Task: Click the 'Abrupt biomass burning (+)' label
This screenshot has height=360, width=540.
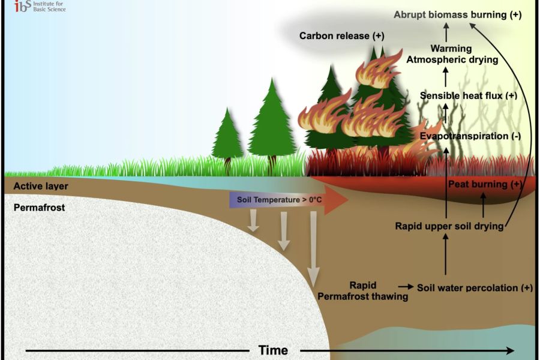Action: [x=457, y=15]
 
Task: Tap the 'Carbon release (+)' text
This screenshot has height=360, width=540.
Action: [x=341, y=36]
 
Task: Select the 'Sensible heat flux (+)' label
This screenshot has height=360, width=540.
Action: [x=468, y=95]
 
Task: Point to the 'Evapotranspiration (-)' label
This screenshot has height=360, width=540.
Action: [x=470, y=136]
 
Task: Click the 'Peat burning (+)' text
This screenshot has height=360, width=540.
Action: [x=486, y=184]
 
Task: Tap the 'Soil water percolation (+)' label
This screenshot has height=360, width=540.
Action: [x=475, y=287]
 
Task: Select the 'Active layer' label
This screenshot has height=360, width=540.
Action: [x=41, y=186]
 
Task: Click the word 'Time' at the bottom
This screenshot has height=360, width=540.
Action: [x=273, y=350]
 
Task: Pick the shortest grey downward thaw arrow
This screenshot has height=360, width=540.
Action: [x=254, y=220]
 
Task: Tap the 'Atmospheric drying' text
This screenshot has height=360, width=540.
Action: [x=452, y=59]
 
